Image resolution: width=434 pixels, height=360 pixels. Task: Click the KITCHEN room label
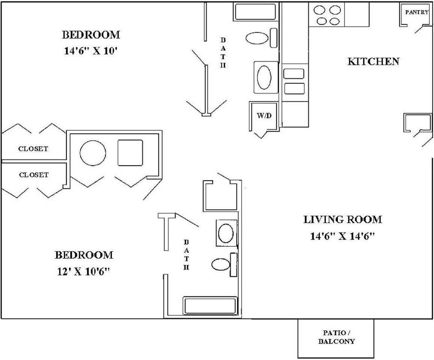(x=373, y=61)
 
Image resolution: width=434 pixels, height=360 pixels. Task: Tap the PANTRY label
(x=417, y=12)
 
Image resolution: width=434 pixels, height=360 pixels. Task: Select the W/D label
(x=264, y=115)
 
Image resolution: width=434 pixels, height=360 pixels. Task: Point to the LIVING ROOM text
(x=342, y=219)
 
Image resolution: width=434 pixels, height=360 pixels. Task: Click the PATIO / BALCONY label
(x=336, y=337)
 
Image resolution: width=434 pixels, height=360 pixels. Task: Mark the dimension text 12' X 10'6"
(x=83, y=272)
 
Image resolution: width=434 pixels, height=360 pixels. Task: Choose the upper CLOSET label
(x=33, y=149)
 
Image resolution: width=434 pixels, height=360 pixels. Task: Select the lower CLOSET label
(x=33, y=175)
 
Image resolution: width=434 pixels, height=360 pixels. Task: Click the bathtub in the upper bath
(x=255, y=12)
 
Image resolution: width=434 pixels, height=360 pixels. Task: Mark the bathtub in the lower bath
(x=210, y=306)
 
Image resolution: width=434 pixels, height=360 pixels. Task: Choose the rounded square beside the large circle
(x=130, y=153)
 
